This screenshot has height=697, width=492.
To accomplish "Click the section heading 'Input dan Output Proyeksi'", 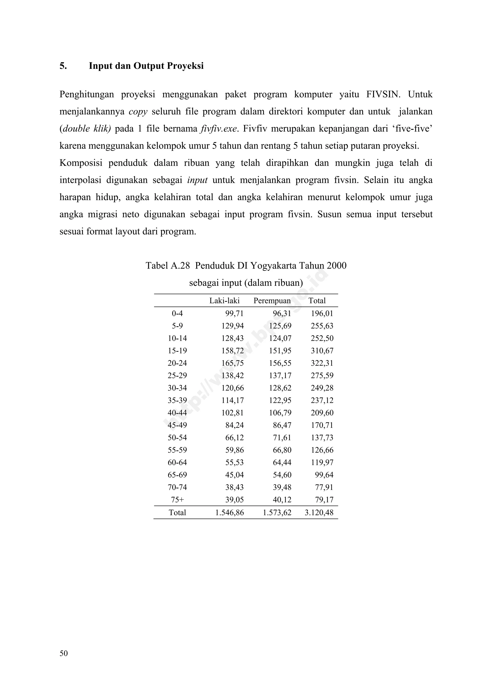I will (146, 66).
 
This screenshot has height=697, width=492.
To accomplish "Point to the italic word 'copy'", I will (138, 112).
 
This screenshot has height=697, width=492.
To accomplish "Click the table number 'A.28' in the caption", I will (180, 266).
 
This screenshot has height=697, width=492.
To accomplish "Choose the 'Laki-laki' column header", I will (224, 301).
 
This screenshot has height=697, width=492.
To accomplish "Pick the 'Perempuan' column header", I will (272, 301).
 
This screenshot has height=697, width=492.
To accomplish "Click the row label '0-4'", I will (177, 313).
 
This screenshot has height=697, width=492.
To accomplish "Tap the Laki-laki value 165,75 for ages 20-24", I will (233, 363).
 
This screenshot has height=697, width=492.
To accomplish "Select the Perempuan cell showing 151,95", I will (280, 351).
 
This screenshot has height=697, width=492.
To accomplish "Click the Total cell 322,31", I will (322, 363).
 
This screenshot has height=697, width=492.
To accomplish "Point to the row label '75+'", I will (177, 500).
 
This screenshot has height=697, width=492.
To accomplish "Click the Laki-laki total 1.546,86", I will (229, 513).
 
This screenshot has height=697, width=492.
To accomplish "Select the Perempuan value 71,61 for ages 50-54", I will (282, 437).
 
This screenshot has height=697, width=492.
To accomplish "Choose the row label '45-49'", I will (177, 425).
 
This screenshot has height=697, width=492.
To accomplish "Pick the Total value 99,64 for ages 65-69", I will (324, 475).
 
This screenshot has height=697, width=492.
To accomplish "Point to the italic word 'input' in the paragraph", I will (197, 180).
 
